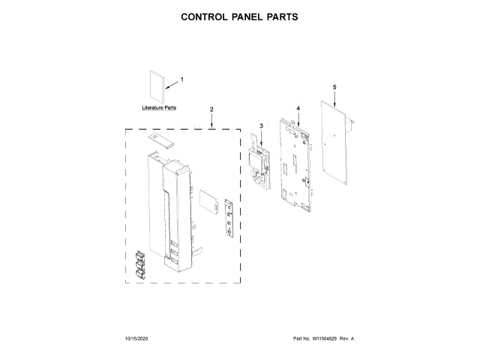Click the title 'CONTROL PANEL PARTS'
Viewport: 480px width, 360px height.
coord(240,16)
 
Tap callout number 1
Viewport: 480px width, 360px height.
coord(181,79)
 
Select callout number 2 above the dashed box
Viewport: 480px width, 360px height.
coord(211,109)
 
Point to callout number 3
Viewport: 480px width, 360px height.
coord(261,125)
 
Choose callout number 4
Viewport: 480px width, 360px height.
coord(298,109)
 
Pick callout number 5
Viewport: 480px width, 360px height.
coord(334,87)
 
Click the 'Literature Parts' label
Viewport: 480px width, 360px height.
coord(159,108)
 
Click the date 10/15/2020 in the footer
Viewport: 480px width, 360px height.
coord(137,340)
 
